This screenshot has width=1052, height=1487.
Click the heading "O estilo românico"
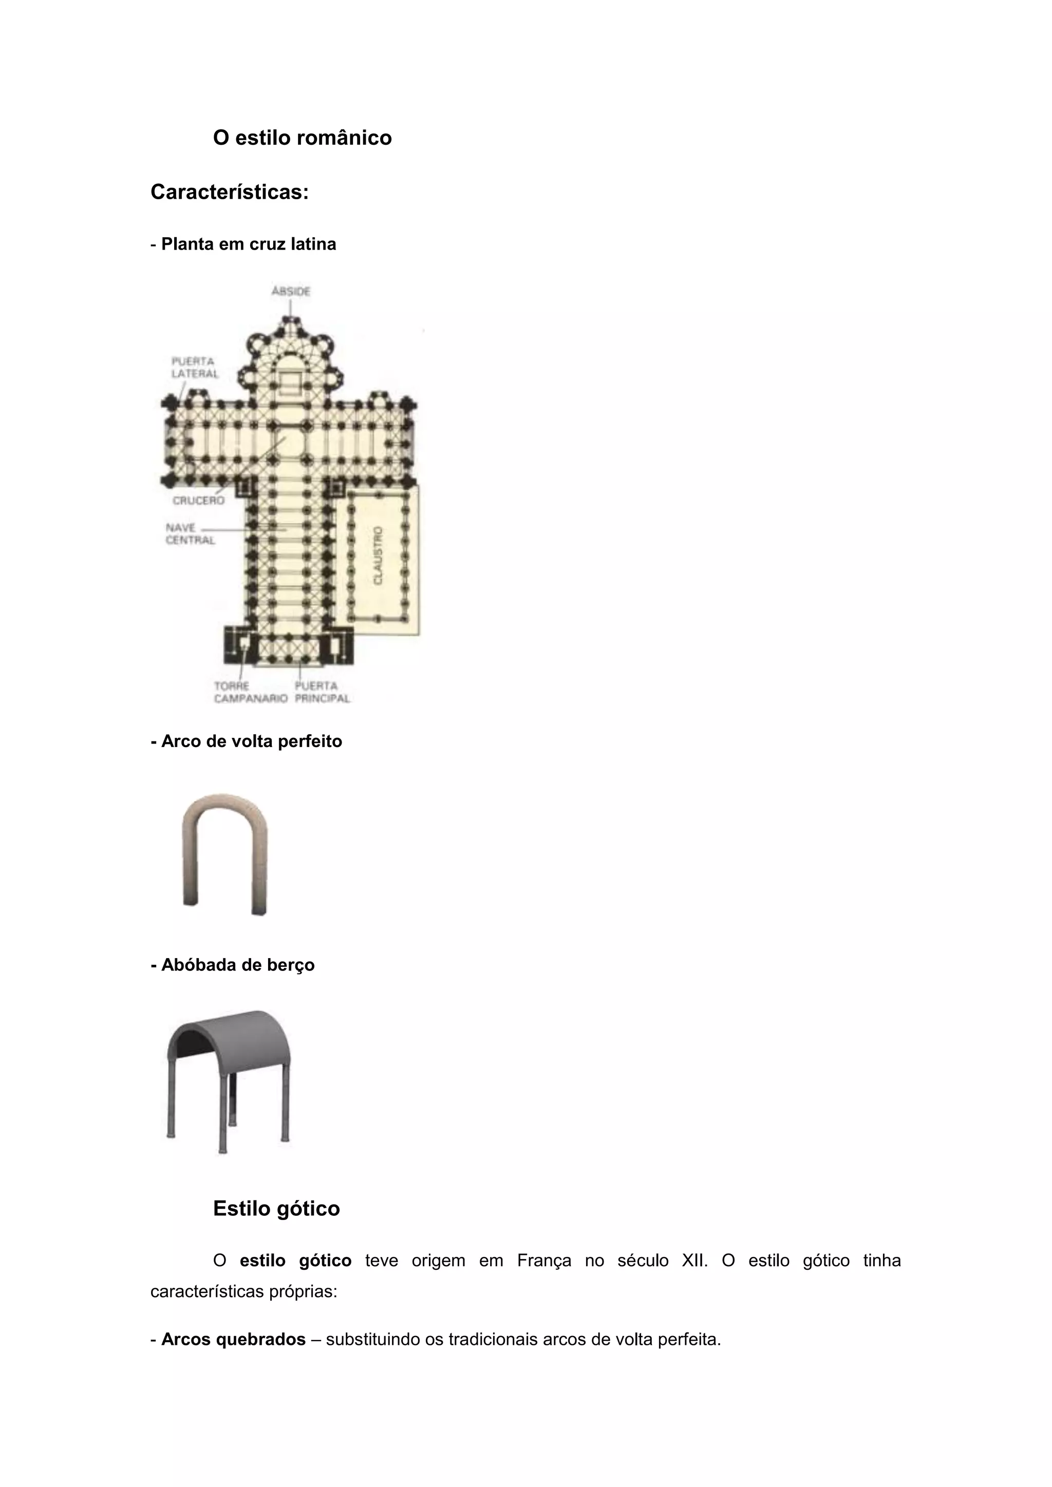302,138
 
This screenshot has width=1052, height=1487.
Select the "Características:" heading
229,192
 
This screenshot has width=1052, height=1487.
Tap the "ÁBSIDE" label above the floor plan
291,292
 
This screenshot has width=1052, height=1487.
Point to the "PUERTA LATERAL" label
194,367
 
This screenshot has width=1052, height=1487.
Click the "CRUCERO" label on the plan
198,500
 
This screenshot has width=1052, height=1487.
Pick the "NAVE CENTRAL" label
189,533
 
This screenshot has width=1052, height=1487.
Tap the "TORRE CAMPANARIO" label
250,692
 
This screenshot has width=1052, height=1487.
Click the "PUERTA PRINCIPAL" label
322,692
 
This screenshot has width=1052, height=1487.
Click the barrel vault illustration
229,1080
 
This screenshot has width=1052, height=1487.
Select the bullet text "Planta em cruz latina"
248,244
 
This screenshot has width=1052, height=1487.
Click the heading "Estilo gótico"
276,1209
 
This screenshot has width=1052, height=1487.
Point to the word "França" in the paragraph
544,1261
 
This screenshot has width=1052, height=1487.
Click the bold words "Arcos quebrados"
233,1339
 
